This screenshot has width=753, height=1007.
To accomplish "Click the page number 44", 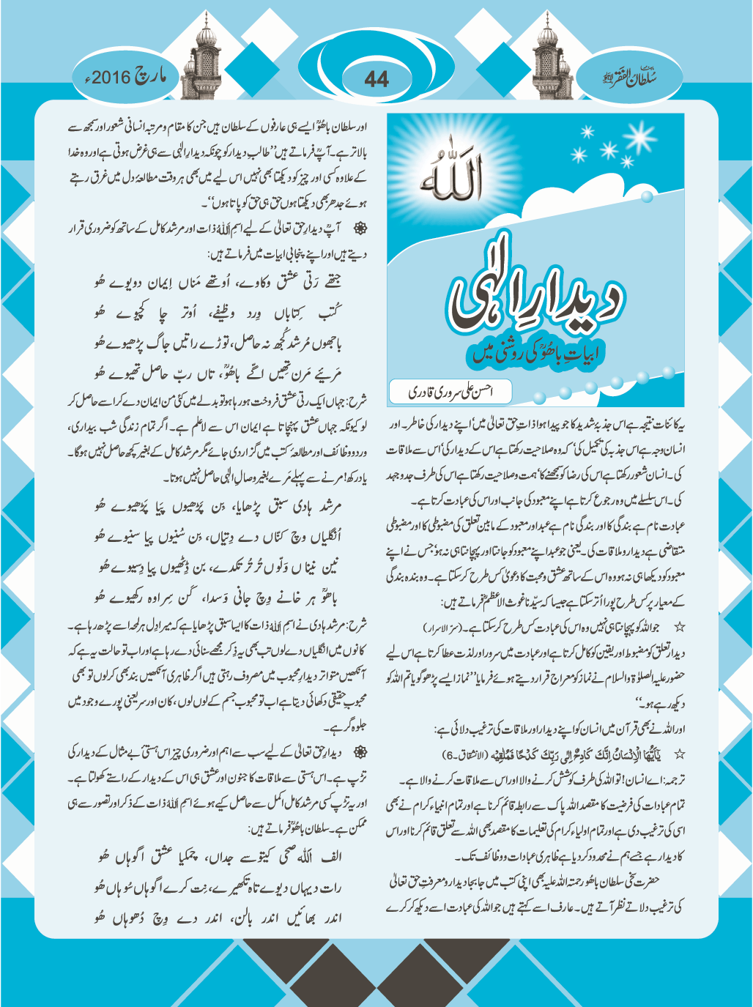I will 376,79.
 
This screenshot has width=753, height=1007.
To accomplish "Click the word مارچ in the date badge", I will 150,76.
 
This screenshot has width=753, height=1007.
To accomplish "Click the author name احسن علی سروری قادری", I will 450,392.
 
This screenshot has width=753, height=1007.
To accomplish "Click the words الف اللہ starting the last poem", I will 316,856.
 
